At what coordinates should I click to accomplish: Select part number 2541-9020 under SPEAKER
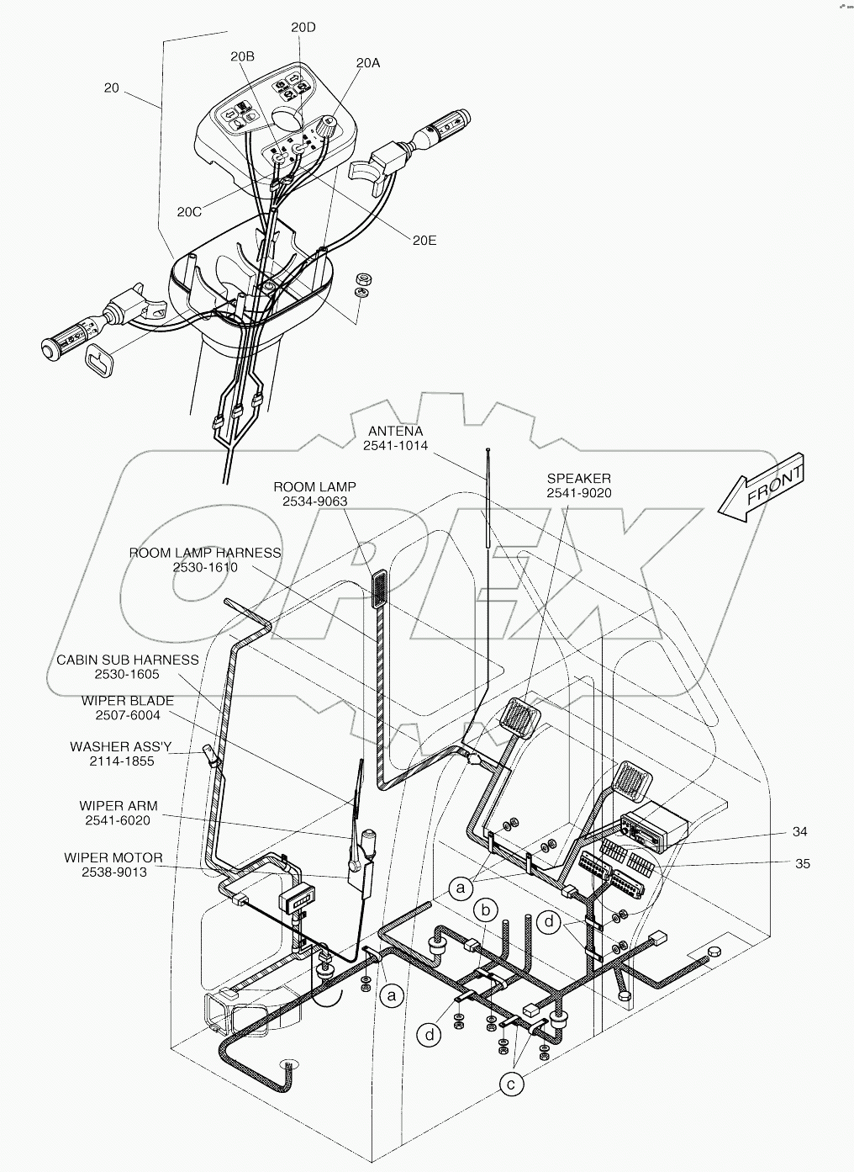(579, 493)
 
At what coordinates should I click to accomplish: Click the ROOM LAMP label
(314, 486)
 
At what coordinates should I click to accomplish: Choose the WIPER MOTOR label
(113, 857)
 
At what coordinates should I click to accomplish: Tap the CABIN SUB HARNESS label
(128, 660)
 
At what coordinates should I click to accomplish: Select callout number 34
(799, 831)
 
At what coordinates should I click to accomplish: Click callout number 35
(803, 863)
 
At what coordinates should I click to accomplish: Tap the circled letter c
(510, 1084)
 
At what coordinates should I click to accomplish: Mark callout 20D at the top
(303, 27)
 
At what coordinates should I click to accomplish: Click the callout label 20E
(424, 240)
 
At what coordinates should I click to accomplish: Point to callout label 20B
(242, 56)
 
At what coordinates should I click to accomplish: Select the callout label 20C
(189, 212)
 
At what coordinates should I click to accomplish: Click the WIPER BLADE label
(128, 700)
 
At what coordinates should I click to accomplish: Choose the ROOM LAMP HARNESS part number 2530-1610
(205, 567)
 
